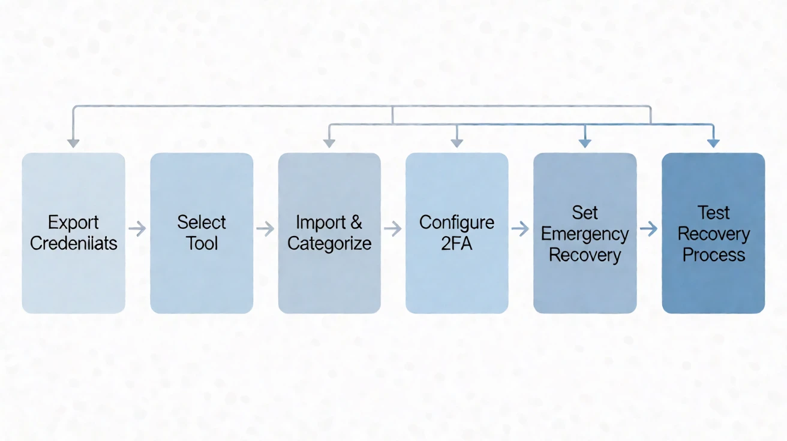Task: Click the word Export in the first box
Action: point(73,222)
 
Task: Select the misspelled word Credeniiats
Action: point(73,243)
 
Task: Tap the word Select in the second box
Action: point(202,222)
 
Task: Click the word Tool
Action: point(202,243)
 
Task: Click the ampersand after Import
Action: point(356,222)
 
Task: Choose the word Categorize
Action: point(329,243)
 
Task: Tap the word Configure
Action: point(456,223)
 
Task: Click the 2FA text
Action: point(456,243)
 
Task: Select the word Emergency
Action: point(585,234)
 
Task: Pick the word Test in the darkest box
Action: point(713,213)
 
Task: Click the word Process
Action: point(714,255)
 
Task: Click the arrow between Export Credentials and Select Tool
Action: point(137,229)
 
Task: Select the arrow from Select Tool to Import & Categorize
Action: point(265,229)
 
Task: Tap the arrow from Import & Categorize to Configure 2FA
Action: point(393,229)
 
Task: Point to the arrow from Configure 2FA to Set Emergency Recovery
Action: point(520,229)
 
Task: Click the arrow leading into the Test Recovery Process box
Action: point(648,229)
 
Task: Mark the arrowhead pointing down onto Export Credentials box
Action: point(73,143)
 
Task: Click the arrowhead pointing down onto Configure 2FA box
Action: point(456,143)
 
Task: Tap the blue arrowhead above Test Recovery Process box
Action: point(714,143)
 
